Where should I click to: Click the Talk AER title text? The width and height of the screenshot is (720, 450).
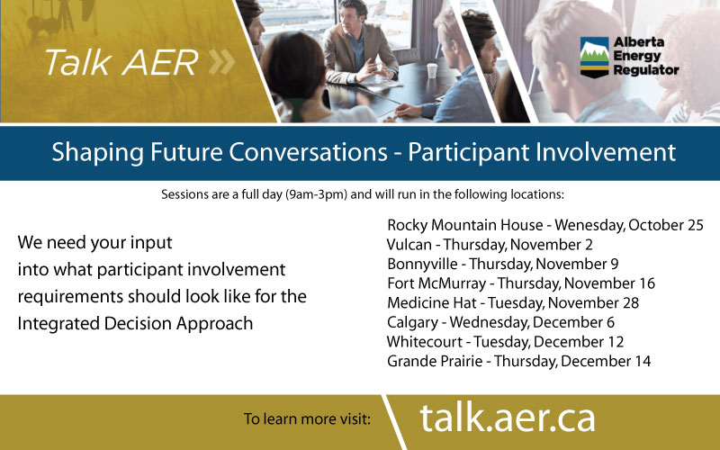(x=121, y=62)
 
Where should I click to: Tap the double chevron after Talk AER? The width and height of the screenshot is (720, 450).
(x=221, y=62)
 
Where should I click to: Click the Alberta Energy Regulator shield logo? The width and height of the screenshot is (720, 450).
(x=594, y=57)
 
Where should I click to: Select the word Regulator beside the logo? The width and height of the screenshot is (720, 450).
(x=646, y=70)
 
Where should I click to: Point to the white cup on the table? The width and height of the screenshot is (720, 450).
(x=432, y=71)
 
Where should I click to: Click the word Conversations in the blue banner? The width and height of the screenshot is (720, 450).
(x=308, y=152)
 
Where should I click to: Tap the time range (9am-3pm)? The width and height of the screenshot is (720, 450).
(x=317, y=194)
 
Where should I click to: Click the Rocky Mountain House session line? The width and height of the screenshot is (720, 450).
(x=545, y=225)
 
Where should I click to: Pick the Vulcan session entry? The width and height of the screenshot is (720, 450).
(x=490, y=245)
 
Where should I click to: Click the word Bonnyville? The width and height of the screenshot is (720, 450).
(x=422, y=265)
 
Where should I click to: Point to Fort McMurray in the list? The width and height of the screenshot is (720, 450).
(x=436, y=283)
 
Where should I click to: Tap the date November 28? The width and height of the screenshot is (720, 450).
(x=593, y=303)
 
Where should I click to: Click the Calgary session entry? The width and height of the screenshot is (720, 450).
(x=500, y=322)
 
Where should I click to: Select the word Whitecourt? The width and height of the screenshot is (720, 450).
(x=424, y=342)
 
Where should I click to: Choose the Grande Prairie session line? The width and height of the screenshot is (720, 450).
(x=519, y=362)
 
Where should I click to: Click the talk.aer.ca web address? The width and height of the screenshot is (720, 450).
(x=508, y=418)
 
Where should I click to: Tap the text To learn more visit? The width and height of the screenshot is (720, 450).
(x=307, y=418)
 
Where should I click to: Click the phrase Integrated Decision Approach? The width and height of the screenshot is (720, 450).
(x=135, y=324)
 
